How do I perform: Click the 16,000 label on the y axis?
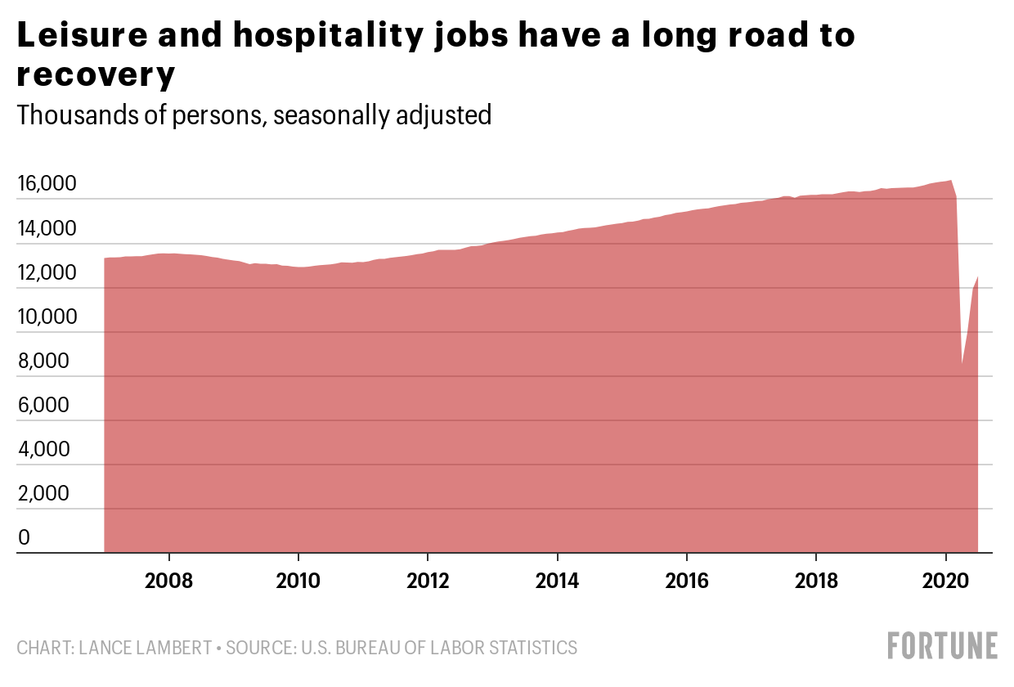pos(47,185)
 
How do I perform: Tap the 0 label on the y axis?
pos(25,538)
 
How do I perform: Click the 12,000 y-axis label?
pos(47,273)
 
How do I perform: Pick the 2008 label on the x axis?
pos(169,581)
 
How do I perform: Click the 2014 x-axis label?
pos(557,581)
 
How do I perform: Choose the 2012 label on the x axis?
pos(428,581)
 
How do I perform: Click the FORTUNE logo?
pos(943,646)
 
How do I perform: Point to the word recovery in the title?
pos(96,76)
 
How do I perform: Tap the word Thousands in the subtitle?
pos(74,114)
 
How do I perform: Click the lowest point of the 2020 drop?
pos(962,365)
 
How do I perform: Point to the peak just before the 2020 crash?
pos(950,180)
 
